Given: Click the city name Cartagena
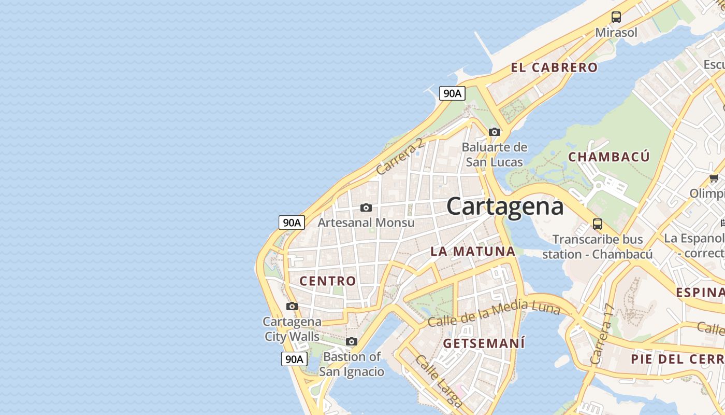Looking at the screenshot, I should point(505,206).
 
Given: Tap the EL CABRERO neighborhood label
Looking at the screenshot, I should point(554,67).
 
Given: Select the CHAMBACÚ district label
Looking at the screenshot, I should point(608,157).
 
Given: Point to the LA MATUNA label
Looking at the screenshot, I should point(473,252).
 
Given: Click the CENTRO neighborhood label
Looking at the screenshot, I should point(328,281).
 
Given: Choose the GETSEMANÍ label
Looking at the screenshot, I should point(484,343).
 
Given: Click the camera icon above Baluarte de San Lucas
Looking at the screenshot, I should point(495,132).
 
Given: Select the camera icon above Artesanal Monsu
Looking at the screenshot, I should point(366,208).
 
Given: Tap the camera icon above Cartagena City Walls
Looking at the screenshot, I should point(292,307).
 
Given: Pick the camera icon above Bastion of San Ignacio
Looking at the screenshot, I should point(352,342).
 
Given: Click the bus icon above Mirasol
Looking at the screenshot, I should point(616,17).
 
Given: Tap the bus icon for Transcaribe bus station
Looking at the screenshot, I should point(597,224).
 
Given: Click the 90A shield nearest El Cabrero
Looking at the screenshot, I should point(452,93).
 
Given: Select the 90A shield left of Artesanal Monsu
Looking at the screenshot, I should point(292,223).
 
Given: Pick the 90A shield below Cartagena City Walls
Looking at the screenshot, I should point(294,359).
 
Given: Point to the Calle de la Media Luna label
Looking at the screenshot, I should point(494,313).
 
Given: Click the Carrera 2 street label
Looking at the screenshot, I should point(400,156).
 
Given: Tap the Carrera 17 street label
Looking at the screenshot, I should point(602,334).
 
